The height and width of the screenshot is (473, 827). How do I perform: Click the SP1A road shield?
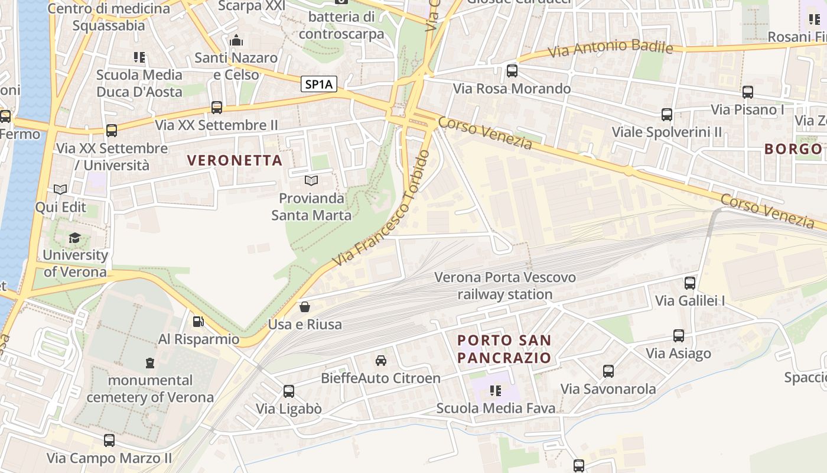coord(320,85)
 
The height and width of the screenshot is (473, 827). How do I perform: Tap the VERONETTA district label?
coord(235,160)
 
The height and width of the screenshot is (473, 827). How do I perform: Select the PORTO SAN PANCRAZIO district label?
coord(504,349)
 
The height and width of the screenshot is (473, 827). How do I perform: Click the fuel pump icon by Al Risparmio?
coord(198,322)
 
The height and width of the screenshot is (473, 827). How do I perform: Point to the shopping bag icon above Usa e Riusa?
coord(304,306)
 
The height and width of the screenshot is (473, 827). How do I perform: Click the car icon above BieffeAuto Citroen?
coord(381,360)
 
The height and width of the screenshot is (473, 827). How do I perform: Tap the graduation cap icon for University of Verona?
coord(74,238)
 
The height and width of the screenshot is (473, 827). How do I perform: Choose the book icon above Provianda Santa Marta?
coord(311,180)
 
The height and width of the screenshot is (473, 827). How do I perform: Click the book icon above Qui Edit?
coord(60,189)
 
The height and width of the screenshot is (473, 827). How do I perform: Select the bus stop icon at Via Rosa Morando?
coord(512,71)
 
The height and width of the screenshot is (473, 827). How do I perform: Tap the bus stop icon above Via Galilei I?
coord(689,283)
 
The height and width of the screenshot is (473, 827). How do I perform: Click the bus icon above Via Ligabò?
coord(288,391)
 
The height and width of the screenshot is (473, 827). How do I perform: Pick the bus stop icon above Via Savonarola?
coord(608,371)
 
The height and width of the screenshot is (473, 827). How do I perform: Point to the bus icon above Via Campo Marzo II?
coord(109,440)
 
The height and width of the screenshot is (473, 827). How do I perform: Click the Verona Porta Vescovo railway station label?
coord(505,286)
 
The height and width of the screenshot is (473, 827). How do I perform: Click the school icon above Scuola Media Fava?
coord(496,390)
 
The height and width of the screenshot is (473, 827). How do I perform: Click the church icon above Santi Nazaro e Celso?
coord(236,41)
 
